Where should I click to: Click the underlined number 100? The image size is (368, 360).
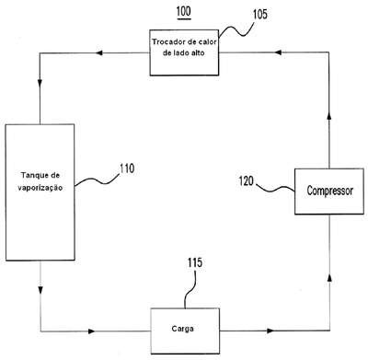coord(183,12)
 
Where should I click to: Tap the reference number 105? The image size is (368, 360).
coord(260,14)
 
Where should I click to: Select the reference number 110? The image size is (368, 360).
coord(127,168)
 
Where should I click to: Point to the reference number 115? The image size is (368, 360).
coord(195,262)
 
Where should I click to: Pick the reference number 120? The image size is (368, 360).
coord(247,180)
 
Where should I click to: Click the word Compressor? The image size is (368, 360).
coord(330,191)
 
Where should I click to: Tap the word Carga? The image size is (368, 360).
coord(183,329)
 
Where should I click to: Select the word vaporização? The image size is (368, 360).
coord(40,188)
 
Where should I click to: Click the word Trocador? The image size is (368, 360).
coord(167,41)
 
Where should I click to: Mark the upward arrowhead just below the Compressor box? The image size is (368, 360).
coord(329,277)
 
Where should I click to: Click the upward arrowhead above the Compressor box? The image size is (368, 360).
coord(329,116)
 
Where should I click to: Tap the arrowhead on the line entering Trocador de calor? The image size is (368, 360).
coord(278,52)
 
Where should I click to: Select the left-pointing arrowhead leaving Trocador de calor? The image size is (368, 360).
coord(98,52)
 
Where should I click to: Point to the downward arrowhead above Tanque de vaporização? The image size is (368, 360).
coord(40,83)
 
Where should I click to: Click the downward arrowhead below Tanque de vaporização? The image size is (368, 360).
coord(40,289)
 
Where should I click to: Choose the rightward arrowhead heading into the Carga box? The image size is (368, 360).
coord(91,331)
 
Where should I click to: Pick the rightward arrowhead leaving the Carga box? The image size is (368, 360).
coord(270,331)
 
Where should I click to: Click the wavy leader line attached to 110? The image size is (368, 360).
coord(98,180)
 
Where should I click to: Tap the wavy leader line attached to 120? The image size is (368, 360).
coord(275,189)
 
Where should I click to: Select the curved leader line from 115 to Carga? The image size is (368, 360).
coord(190,288)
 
